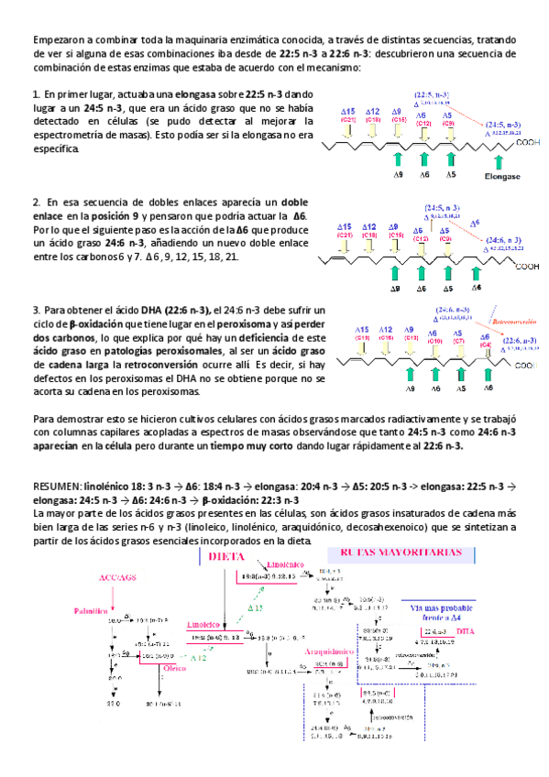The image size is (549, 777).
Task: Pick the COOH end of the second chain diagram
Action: pos(526,267)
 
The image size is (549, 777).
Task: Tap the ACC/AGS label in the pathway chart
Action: pos(116,578)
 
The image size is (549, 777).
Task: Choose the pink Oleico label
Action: pos(176,668)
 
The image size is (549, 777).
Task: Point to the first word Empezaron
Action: pos(60,40)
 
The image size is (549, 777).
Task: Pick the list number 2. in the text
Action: pos(36,202)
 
